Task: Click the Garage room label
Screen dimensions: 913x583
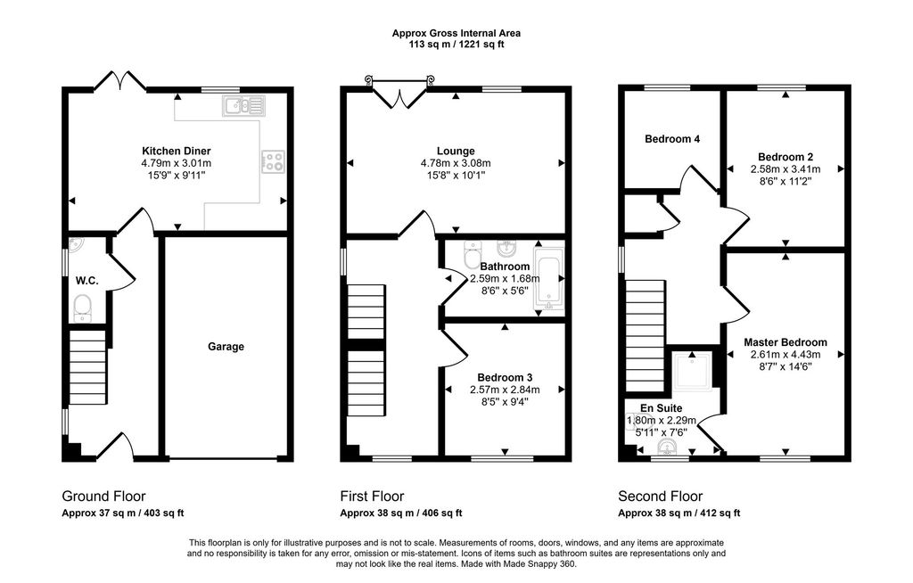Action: tap(226, 347)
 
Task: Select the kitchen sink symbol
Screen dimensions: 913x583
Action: tap(243, 105)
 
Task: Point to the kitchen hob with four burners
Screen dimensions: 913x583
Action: tap(273, 161)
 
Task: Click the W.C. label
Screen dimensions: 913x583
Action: tap(86, 281)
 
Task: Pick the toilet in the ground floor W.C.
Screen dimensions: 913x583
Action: tap(83, 308)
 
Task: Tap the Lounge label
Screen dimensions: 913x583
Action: tap(456, 151)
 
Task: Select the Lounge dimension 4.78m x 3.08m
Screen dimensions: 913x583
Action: tap(456, 163)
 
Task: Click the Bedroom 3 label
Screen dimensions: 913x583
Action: tap(505, 377)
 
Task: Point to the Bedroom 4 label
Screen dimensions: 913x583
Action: tap(672, 138)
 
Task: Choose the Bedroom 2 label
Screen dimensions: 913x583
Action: tap(786, 157)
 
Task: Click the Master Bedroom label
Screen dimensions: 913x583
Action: tap(786, 342)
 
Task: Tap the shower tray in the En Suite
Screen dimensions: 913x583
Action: tap(693, 371)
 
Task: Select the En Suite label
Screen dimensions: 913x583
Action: tap(661, 408)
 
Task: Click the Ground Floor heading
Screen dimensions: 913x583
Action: tap(103, 497)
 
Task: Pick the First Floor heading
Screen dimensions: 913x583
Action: tap(372, 497)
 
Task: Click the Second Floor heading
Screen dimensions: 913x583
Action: tap(661, 497)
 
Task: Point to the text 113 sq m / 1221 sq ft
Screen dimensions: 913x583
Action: tap(456, 45)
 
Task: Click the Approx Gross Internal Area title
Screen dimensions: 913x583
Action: tap(456, 33)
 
